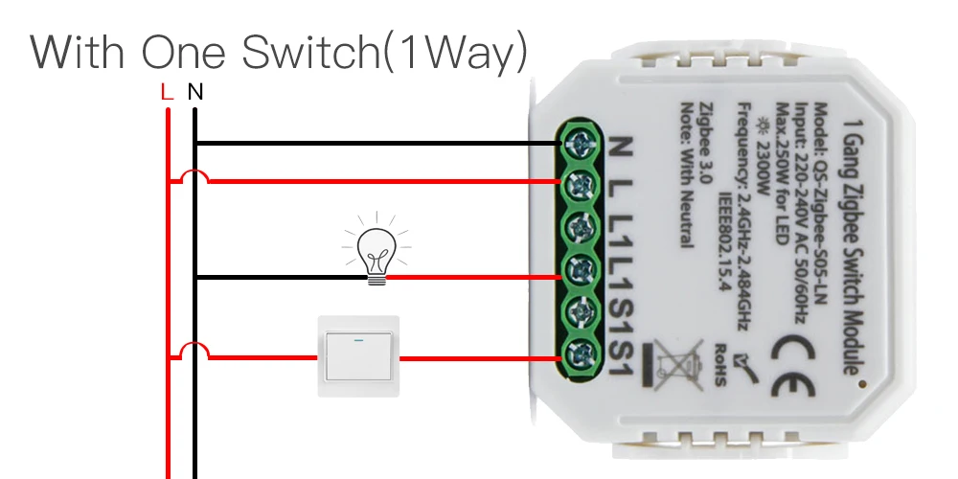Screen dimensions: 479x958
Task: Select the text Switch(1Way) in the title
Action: [x=384, y=54]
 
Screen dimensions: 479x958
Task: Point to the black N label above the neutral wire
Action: [x=195, y=93]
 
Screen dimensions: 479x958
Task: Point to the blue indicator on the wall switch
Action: [x=357, y=338]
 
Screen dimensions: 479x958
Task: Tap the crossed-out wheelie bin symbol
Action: [x=677, y=365]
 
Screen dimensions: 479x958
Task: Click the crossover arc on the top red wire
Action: [x=194, y=176]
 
